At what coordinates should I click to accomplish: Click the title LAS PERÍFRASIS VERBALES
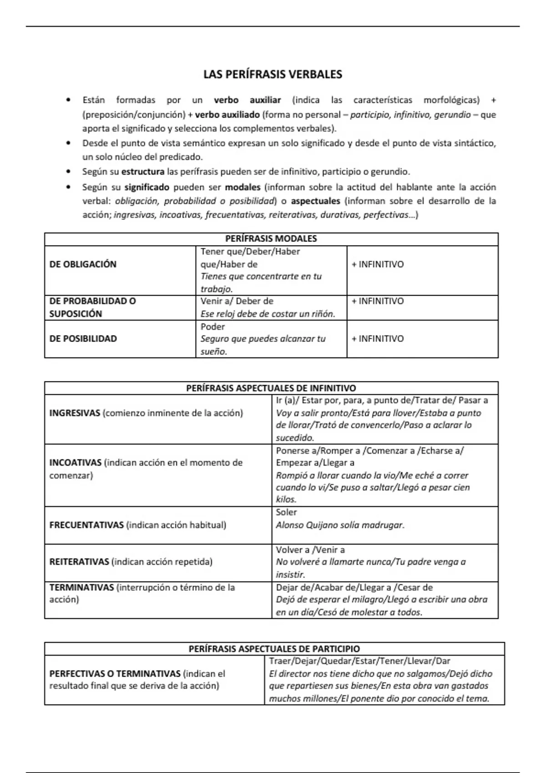point(273,75)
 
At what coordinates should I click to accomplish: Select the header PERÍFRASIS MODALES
point(271,239)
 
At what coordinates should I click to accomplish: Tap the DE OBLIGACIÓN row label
point(83,264)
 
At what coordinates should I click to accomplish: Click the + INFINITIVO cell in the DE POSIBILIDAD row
point(377,339)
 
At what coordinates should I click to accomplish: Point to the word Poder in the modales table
point(212,326)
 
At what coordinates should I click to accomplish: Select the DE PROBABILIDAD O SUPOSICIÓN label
point(92,307)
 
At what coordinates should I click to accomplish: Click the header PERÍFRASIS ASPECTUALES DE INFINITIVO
point(271,388)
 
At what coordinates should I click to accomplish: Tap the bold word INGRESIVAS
point(75,413)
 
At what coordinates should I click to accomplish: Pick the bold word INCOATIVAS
point(76,463)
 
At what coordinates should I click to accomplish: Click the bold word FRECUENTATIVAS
point(86,525)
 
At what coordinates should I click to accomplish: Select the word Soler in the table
point(286,512)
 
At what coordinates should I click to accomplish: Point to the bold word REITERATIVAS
point(79,562)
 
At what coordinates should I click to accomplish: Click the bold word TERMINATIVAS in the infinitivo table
point(81,587)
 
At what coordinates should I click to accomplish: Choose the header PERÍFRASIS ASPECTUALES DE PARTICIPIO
point(274,649)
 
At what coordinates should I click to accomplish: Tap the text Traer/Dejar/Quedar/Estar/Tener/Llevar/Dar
point(359,661)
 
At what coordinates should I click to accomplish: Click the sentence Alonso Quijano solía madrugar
point(340,525)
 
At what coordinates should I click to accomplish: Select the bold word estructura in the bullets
point(143,172)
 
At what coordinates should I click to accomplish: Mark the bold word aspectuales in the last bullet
point(315,201)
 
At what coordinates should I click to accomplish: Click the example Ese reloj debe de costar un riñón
point(268,314)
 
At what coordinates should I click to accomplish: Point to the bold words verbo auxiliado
point(227,115)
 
